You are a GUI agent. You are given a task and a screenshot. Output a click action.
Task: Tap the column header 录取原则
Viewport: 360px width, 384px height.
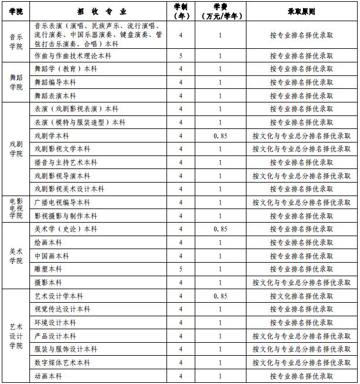click(x=301, y=11)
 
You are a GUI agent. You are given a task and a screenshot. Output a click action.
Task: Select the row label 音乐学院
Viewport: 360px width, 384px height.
click(x=16, y=42)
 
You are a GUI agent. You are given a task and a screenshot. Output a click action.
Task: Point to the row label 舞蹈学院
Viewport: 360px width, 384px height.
click(x=16, y=82)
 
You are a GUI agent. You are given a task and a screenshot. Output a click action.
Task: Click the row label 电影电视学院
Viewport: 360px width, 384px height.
click(x=16, y=209)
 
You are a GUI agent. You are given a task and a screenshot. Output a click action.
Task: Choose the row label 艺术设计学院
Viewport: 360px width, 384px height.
click(x=16, y=336)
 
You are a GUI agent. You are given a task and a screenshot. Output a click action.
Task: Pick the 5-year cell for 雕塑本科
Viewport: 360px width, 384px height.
click(x=181, y=269)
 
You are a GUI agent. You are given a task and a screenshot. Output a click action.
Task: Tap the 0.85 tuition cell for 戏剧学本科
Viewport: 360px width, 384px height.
click(x=220, y=135)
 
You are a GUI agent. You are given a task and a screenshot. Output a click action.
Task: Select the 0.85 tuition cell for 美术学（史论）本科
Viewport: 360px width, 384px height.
click(x=220, y=229)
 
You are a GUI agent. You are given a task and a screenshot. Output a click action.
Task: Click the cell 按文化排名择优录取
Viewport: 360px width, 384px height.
click(x=301, y=296)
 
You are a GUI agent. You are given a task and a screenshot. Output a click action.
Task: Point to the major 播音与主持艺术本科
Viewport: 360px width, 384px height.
click(x=66, y=163)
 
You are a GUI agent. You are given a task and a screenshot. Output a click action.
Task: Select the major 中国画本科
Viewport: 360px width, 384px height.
click(x=52, y=256)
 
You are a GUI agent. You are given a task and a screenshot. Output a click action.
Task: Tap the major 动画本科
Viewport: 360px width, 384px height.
click(x=48, y=376)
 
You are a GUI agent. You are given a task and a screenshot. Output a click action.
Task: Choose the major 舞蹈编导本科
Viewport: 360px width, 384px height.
click(x=55, y=82)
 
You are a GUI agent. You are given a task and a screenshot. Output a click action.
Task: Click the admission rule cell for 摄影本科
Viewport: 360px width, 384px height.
click(x=301, y=283)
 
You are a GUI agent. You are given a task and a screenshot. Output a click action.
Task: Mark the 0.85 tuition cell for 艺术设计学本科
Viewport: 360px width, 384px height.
click(x=220, y=296)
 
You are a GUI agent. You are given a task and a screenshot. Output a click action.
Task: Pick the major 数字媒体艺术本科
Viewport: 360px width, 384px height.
click(x=62, y=363)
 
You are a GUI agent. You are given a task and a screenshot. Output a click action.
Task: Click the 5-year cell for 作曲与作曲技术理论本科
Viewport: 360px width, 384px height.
click(x=181, y=56)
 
